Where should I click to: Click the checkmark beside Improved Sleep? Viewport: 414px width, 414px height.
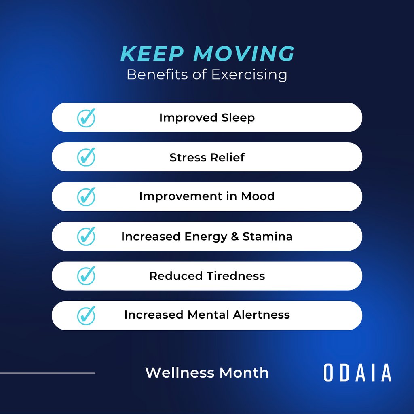pos(86,118)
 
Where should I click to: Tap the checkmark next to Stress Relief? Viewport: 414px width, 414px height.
pos(86,157)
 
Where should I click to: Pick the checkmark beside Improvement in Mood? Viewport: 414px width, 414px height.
pos(86,196)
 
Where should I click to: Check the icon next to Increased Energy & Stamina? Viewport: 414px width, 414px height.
pos(86,236)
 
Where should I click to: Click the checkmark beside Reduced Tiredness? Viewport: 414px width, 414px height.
pos(86,276)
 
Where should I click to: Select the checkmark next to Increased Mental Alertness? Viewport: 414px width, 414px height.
pos(86,315)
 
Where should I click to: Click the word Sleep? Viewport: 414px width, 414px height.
pos(238,118)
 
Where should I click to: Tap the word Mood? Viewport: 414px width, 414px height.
pos(258,196)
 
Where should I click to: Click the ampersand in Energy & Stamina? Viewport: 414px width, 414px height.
pos(235,237)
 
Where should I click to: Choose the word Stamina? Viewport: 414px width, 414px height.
pos(268,237)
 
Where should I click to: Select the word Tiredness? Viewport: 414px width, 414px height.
pos(236,276)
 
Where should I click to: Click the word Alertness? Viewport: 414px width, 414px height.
pos(264,315)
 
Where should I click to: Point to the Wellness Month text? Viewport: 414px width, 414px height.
pos(207,372)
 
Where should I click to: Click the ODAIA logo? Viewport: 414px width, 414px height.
pos(357,373)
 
